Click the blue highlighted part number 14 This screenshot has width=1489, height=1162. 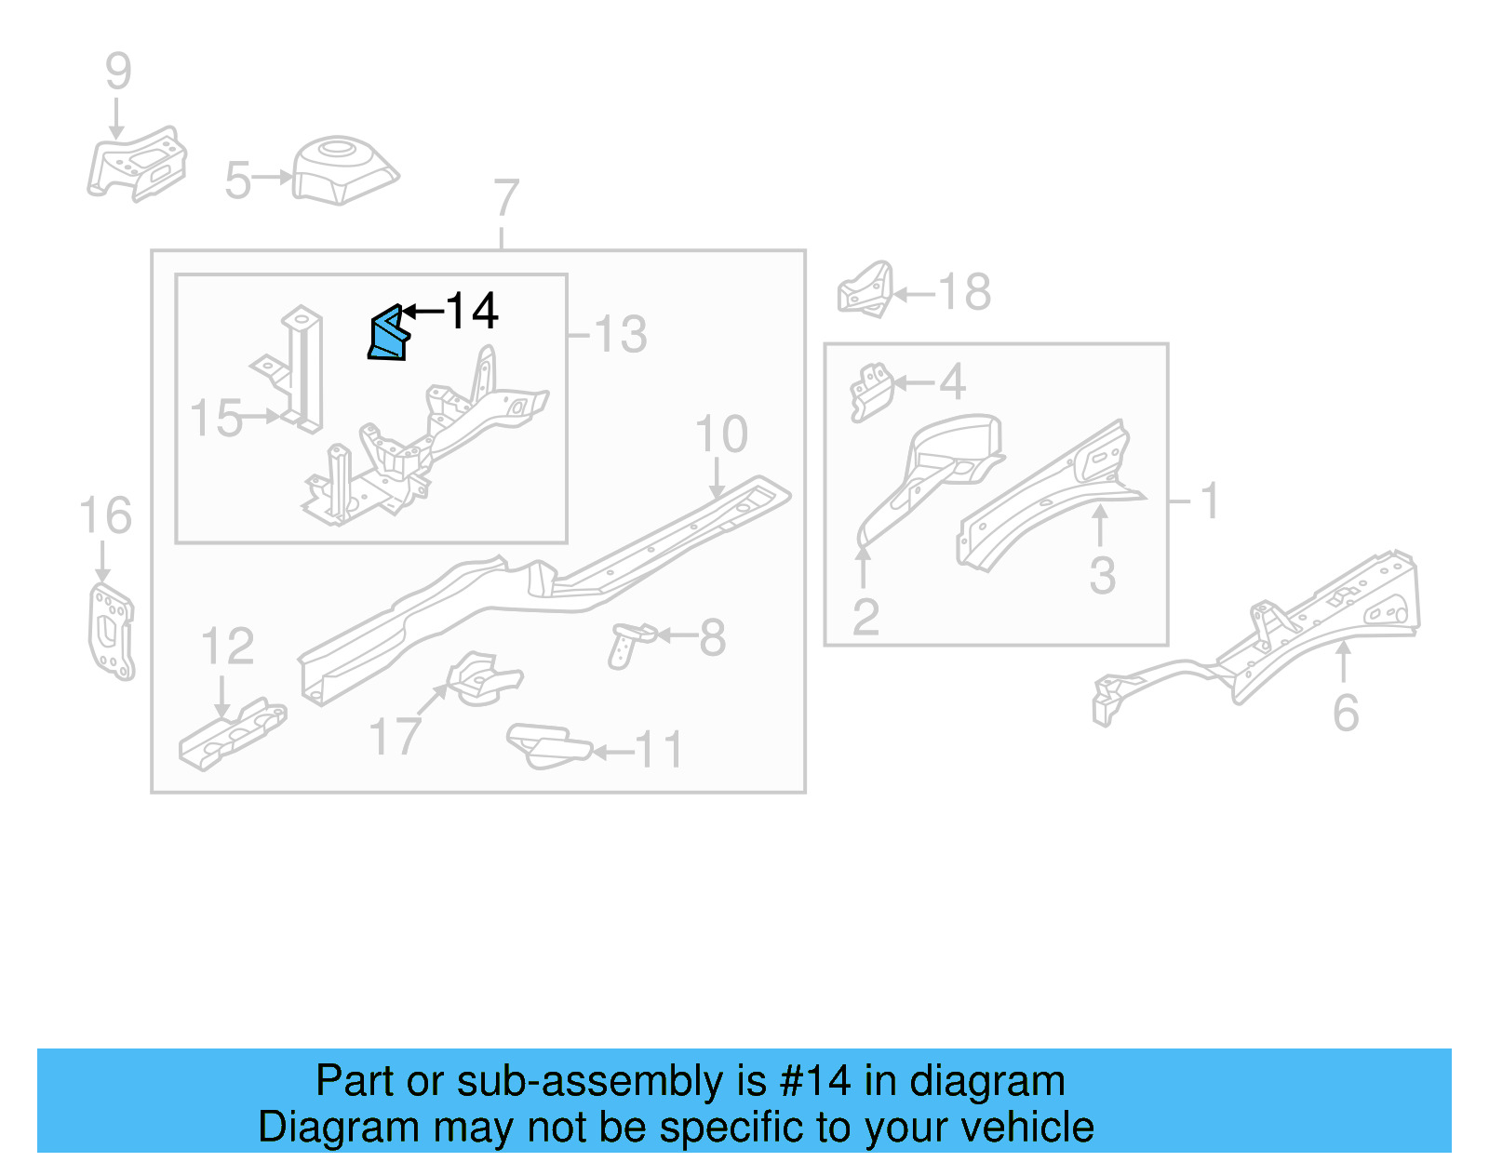point(389,335)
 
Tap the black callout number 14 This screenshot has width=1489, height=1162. point(472,311)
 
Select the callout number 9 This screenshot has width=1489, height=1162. point(118,72)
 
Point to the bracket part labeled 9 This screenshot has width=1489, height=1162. point(138,167)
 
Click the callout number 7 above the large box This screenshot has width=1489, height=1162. point(505,198)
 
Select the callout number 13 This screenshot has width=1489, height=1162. point(621,334)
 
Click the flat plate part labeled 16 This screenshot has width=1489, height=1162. point(111,631)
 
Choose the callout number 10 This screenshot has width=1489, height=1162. point(721,434)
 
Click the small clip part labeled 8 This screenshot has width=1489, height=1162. point(630,642)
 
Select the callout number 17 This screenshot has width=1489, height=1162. point(396,737)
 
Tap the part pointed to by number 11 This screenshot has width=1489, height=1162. point(546,745)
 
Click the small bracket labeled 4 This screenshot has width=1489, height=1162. point(871,391)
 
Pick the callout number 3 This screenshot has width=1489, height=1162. point(1103,575)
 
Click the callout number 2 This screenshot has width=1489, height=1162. point(865,617)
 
